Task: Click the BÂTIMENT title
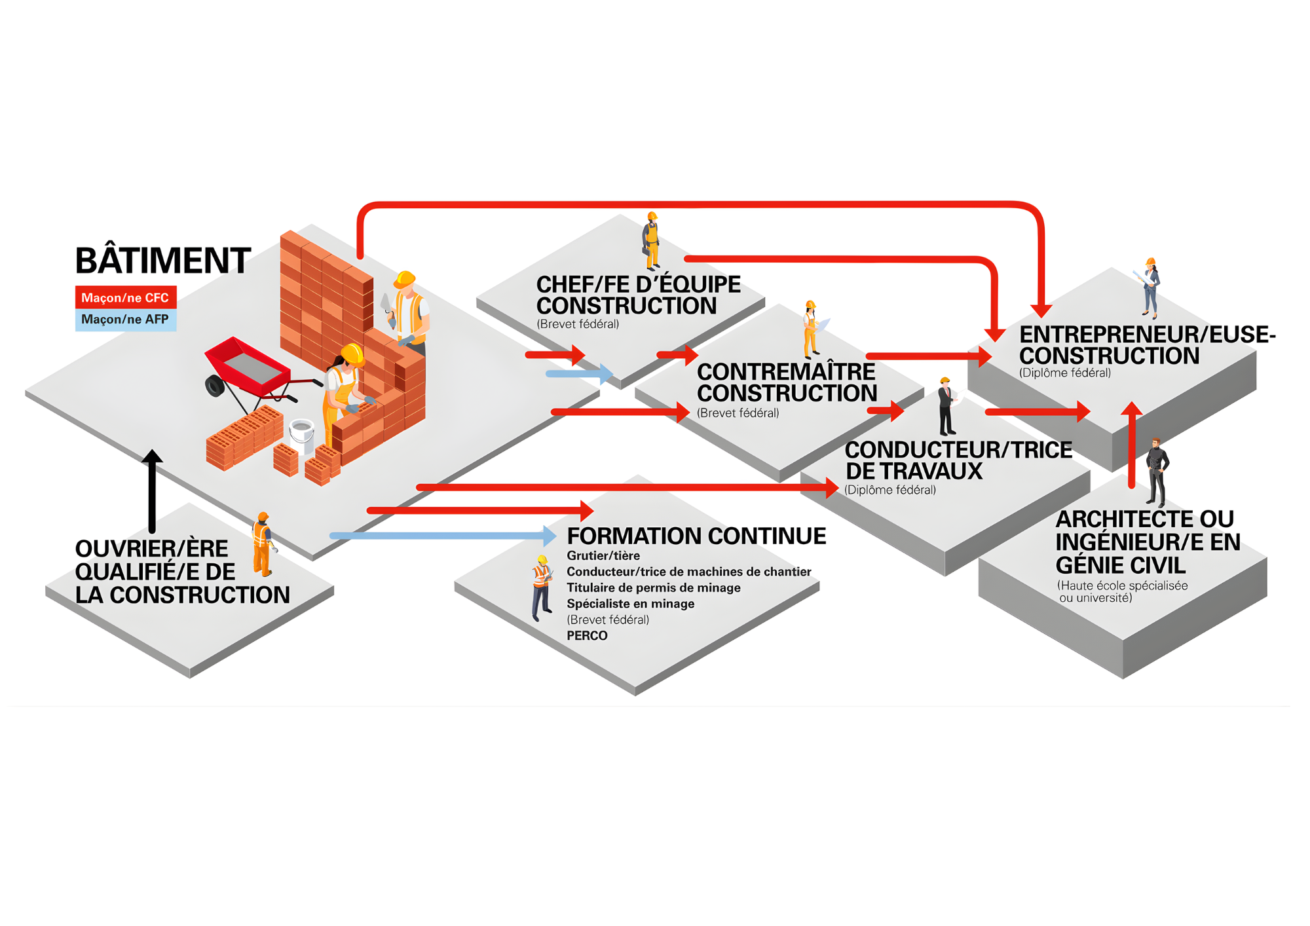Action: tap(163, 261)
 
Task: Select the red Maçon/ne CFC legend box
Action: tap(125, 298)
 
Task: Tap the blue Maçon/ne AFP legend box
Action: tap(125, 320)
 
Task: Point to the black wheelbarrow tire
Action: tap(215, 386)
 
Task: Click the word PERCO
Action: tap(587, 635)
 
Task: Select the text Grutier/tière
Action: tap(603, 556)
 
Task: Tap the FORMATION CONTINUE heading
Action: tap(696, 536)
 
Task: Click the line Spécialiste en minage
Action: tap(630, 604)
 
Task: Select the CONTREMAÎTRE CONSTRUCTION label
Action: tap(787, 382)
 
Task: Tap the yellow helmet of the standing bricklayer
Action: tap(405, 280)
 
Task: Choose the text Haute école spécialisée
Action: tap(1122, 585)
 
